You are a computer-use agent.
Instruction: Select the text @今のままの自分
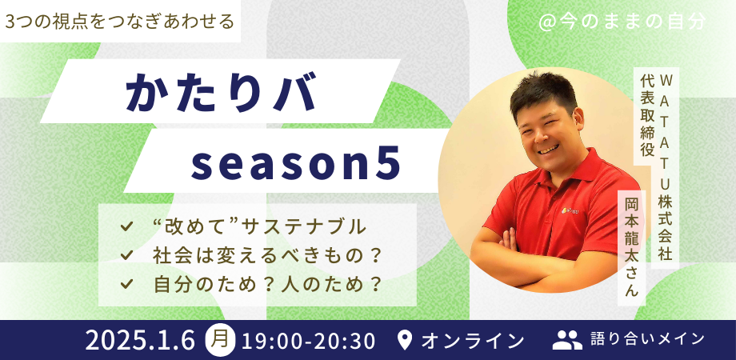[x=622, y=22]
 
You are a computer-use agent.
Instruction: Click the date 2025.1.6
[x=140, y=340]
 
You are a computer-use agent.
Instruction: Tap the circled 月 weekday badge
[x=221, y=339]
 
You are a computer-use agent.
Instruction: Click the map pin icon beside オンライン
[x=405, y=340]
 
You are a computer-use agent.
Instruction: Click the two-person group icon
[x=567, y=340]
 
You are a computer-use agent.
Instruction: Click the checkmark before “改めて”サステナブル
[x=126, y=227]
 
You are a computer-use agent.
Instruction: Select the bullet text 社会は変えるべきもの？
[x=266, y=255]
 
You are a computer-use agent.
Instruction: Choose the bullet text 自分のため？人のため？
[x=266, y=283]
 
